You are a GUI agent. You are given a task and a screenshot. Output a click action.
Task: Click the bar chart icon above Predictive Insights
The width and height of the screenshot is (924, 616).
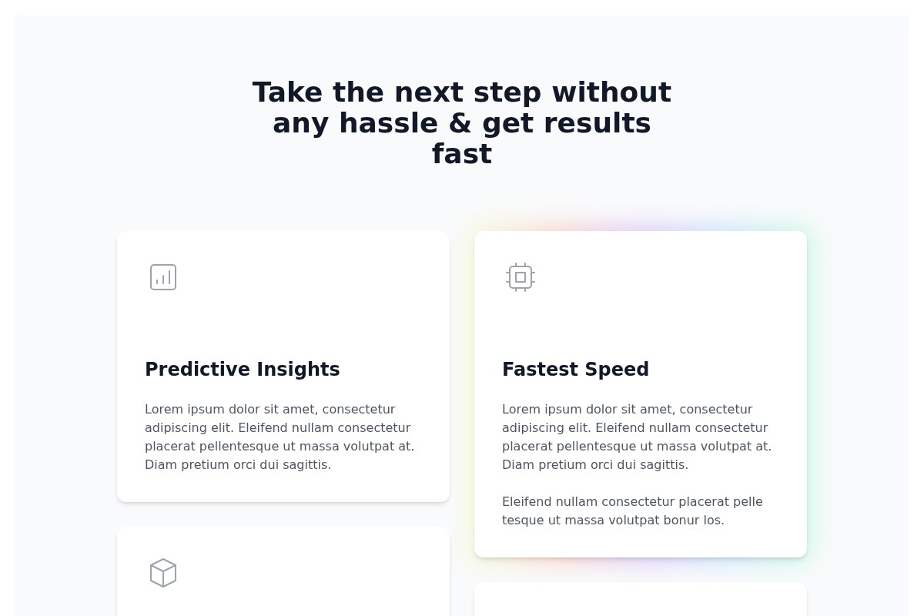coord(163,277)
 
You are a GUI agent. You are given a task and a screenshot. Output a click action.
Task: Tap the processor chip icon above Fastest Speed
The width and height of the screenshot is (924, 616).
coord(521,277)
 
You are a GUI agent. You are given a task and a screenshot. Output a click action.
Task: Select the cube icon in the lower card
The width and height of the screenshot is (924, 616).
coord(163,573)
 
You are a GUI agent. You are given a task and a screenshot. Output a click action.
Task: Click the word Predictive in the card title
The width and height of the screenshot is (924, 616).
coord(198,369)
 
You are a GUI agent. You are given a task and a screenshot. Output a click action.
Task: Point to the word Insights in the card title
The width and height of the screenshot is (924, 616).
coord(298,370)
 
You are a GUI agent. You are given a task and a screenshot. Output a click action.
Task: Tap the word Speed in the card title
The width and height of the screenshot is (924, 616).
coord(617,370)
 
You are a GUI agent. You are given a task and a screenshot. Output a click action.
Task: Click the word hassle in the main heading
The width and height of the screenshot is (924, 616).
coord(388,123)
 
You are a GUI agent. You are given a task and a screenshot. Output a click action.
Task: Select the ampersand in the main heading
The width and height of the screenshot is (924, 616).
coord(460,123)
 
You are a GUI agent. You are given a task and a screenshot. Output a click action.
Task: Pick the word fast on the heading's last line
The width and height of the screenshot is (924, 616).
coord(462,153)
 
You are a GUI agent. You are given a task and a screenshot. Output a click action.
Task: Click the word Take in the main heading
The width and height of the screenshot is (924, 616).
coord(287,92)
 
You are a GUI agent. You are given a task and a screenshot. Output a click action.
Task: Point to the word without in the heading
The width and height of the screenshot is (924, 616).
coord(611,92)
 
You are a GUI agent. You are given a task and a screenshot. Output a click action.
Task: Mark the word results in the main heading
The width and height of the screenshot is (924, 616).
coord(598,123)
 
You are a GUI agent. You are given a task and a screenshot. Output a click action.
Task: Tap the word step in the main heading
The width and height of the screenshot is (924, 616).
coord(507,93)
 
